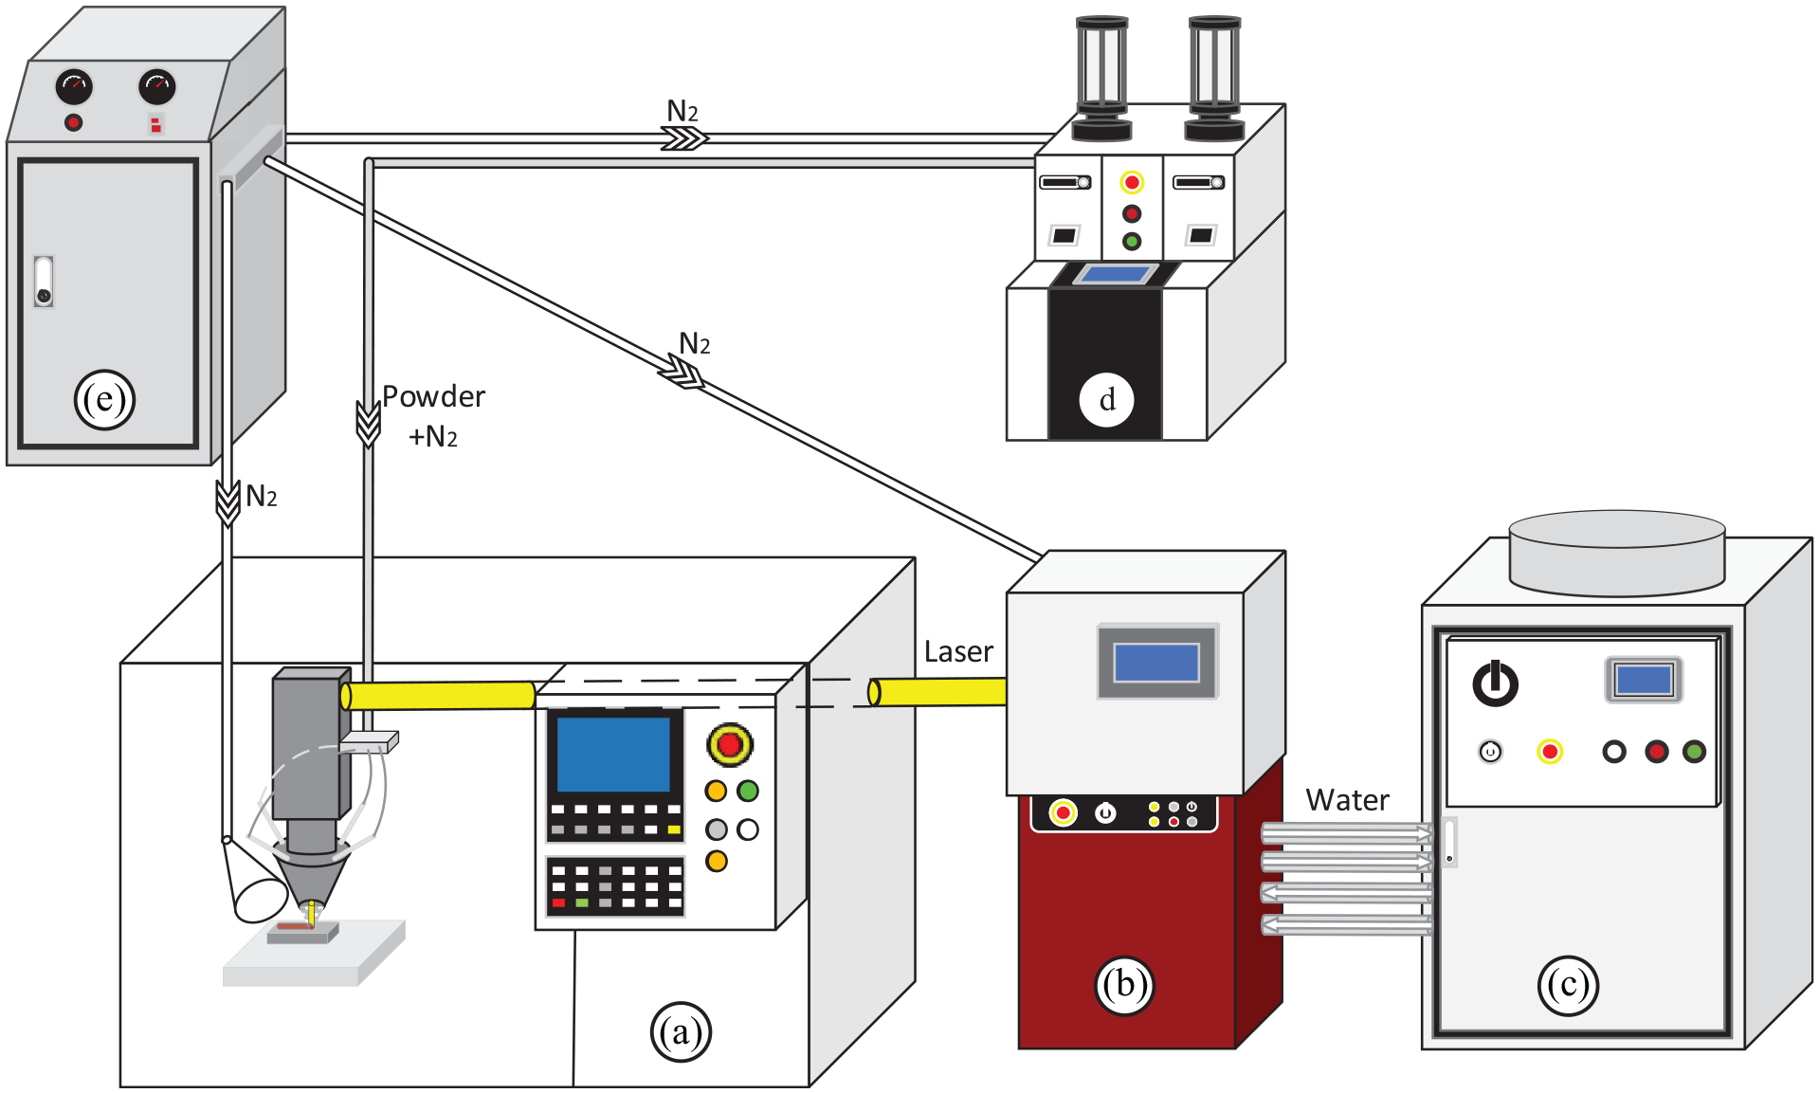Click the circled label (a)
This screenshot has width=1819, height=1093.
[x=681, y=1032]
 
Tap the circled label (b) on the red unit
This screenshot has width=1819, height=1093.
[x=1124, y=985]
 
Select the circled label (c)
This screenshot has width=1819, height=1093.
[x=1568, y=985]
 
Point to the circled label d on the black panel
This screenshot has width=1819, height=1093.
[x=1106, y=400]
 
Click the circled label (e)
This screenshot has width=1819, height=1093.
[x=104, y=399]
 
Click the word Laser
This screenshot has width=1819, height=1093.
[x=958, y=652]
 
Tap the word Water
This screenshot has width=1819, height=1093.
[x=1347, y=800]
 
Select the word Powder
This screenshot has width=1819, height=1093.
[x=433, y=396]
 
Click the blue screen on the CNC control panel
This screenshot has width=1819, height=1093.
[x=613, y=754]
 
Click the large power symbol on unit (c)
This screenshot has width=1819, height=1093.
[x=1495, y=683]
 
